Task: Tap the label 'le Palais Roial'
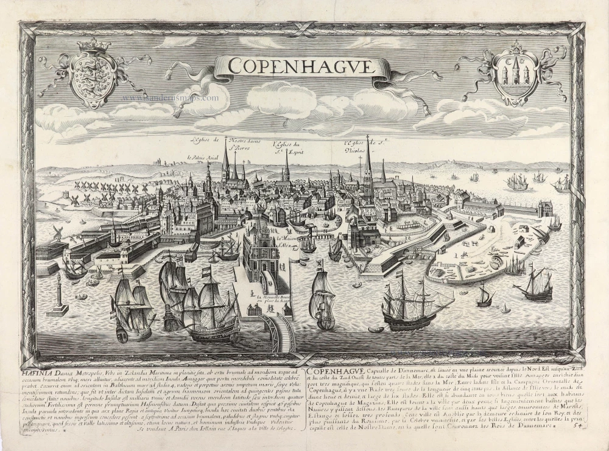point(202,156)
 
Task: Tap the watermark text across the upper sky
point(170,97)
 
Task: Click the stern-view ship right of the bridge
point(323,301)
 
